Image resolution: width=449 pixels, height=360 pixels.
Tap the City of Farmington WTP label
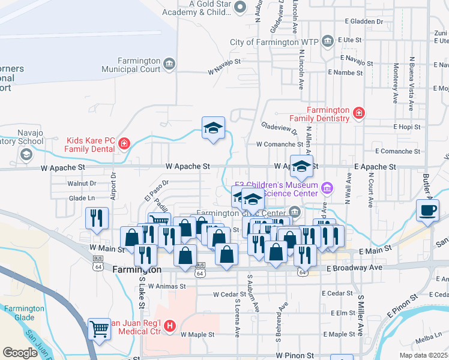273,42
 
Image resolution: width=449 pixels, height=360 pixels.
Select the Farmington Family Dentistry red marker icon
358,112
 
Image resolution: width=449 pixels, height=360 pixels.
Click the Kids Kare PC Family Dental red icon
124,143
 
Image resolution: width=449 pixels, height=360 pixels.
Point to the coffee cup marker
428,211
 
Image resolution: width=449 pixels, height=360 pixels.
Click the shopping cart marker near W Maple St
99,328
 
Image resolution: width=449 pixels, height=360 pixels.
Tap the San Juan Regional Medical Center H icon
170,326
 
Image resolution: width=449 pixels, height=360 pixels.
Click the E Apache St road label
375,166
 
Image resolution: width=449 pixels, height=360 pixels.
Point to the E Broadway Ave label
354,267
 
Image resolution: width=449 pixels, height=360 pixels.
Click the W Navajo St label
224,71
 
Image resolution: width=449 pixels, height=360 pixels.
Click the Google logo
20,353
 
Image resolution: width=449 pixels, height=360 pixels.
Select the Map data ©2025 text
423,355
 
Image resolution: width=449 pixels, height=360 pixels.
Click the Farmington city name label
137,270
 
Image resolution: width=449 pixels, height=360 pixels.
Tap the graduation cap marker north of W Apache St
213,128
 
